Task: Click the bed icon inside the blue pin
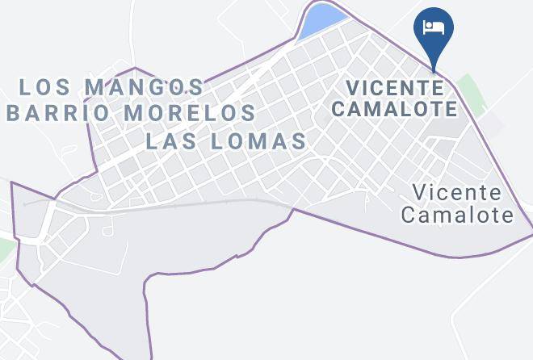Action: click(x=434, y=27)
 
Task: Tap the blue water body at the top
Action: click(x=321, y=20)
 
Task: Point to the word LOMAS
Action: click(x=258, y=141)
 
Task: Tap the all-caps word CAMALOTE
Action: click(x=396, y=108)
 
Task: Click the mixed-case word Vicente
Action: click(x=456, y=194)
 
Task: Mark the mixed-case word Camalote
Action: click(x=457, y=215)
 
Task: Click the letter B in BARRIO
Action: click(x=13, y=111)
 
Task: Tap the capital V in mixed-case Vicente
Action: click(x=418, y=194)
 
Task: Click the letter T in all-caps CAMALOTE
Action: click(x=434, y=108)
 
